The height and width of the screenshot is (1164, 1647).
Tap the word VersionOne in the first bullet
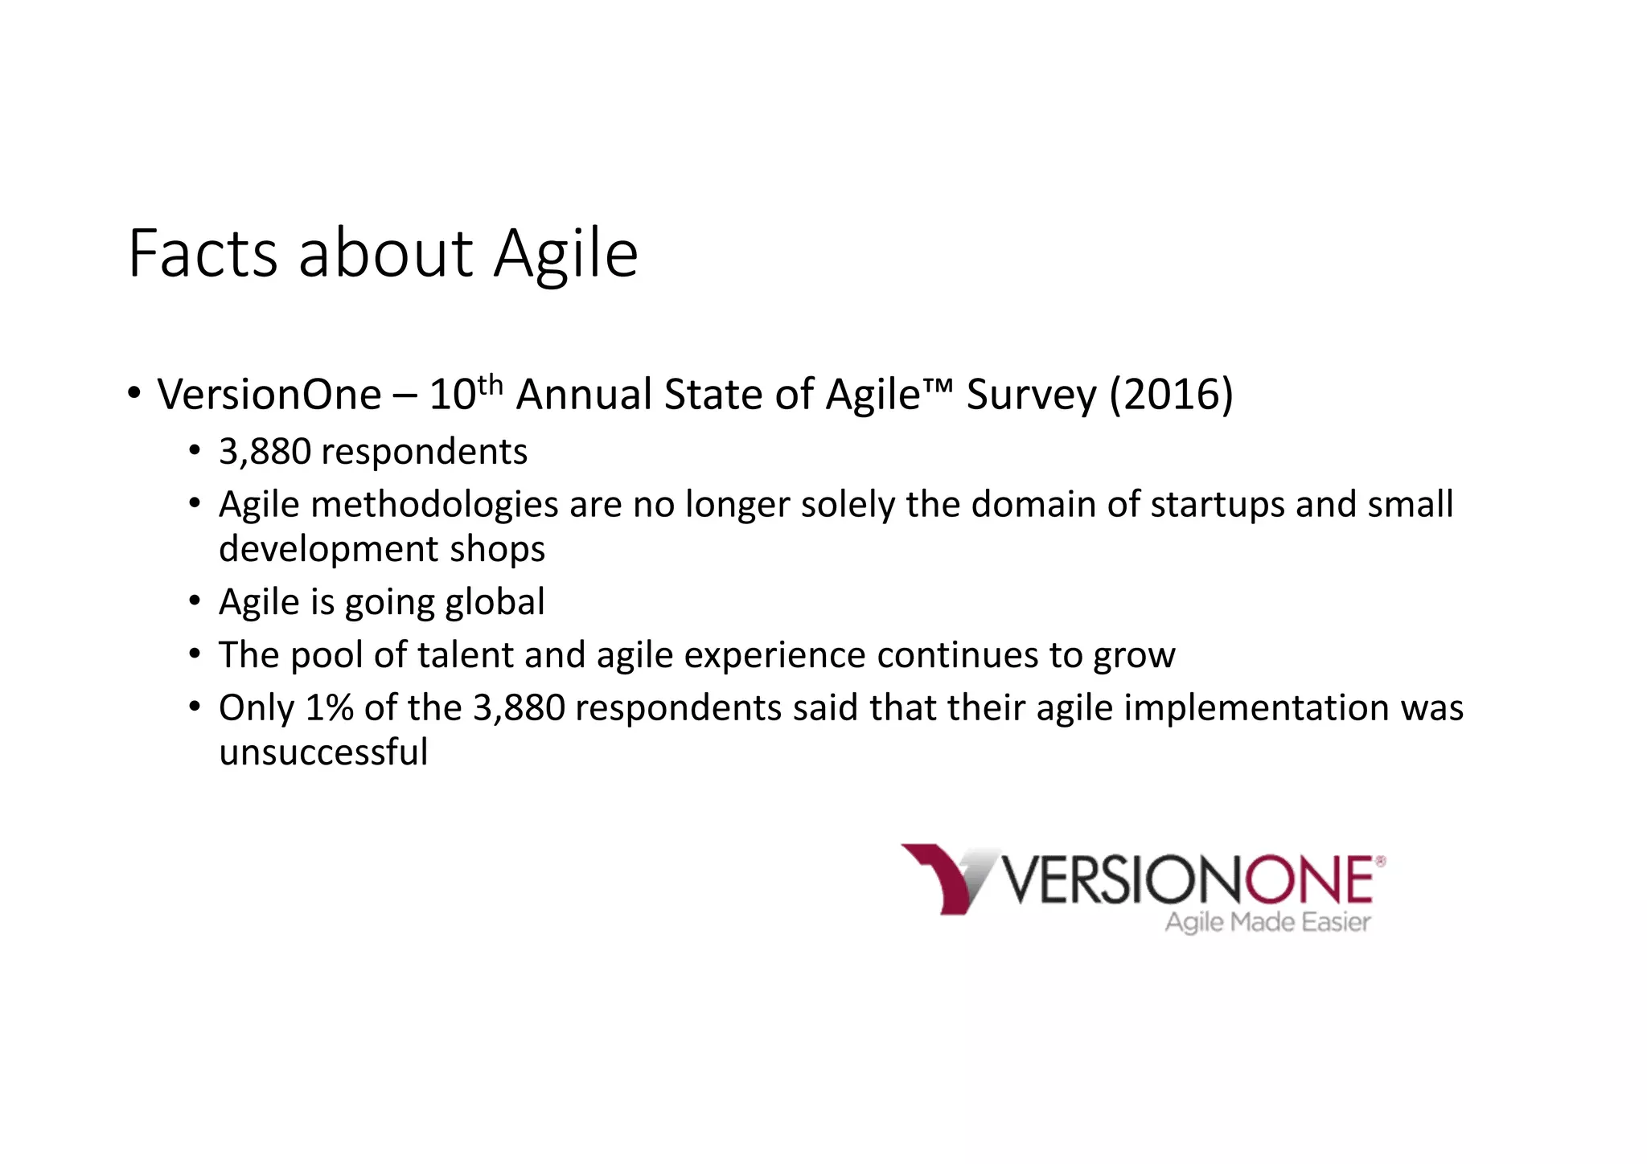point(269,395)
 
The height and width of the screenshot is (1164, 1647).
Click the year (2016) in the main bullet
point(1171,395)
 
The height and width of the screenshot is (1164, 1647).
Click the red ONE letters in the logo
point(1310,880)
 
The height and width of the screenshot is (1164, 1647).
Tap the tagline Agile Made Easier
point(1267,922)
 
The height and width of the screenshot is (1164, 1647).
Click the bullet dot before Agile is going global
point(195,600)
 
